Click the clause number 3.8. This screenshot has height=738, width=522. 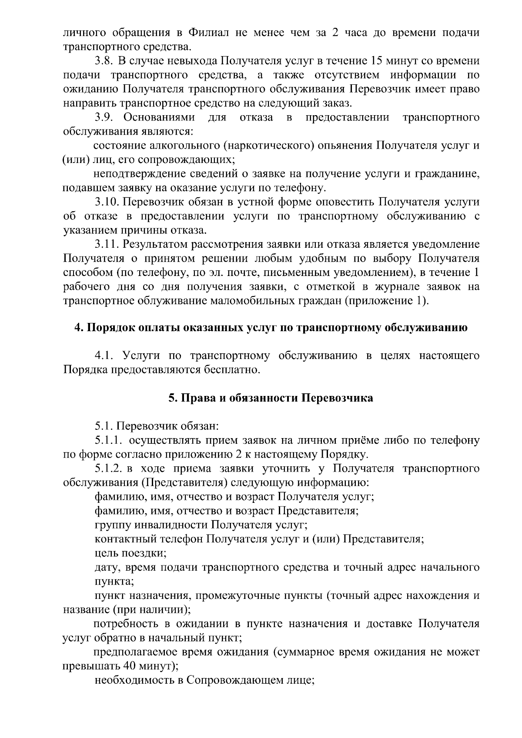105,61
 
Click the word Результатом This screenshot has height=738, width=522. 161,244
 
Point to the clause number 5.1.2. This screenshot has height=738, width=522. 108,469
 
